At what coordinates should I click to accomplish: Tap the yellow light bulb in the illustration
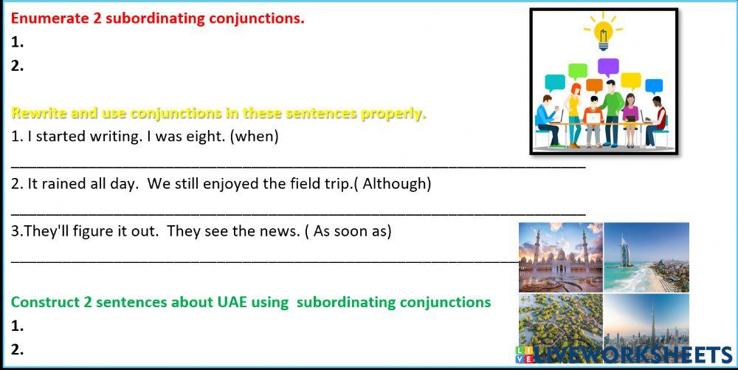602,34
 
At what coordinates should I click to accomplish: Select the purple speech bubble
608,67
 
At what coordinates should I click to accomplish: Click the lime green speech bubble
578,71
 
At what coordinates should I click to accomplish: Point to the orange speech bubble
594,85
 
